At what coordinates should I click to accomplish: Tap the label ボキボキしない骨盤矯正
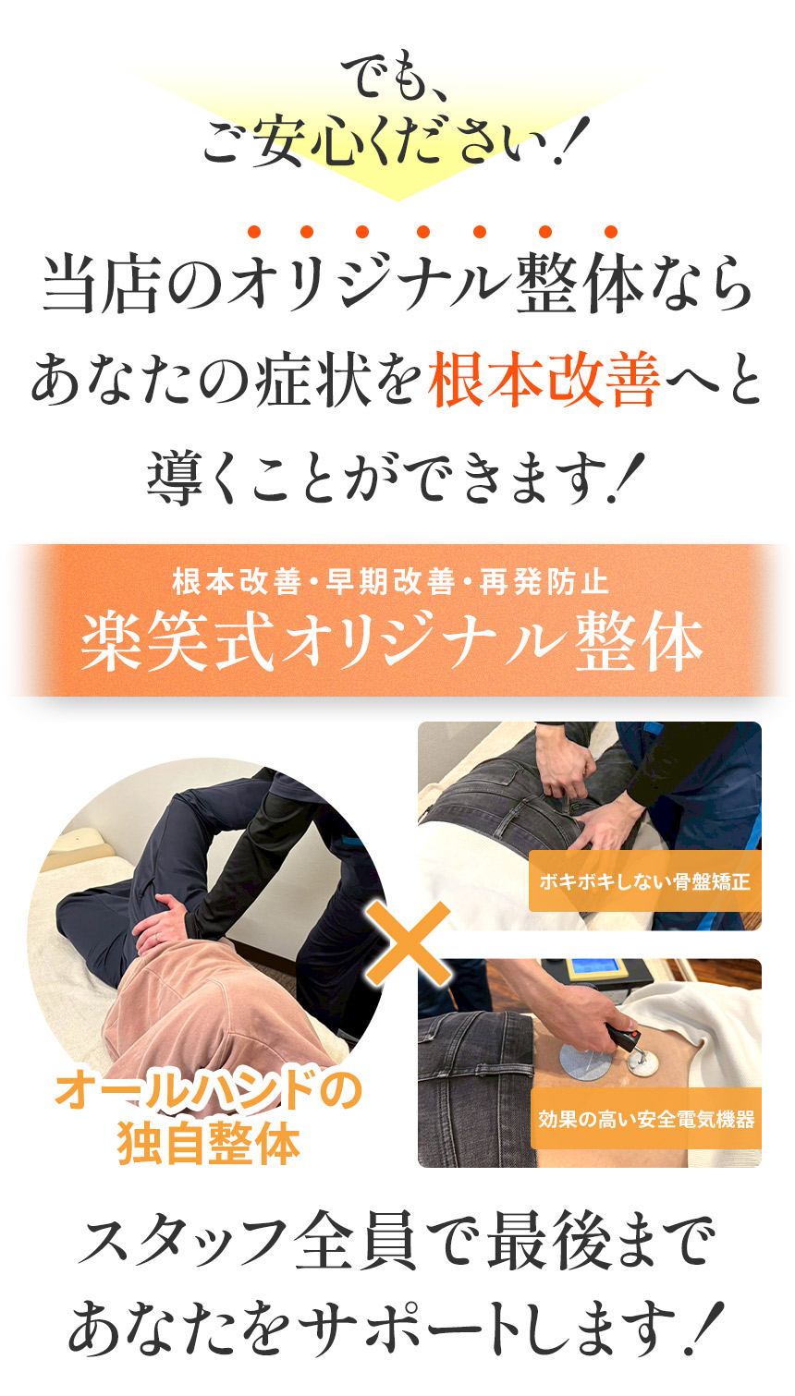coord(644,881)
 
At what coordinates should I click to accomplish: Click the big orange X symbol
coord(408,943)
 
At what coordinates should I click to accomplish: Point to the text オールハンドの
coord(208,1091)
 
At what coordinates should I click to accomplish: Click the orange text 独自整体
coord(209,1143)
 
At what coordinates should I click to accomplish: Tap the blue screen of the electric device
coord(596,968)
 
